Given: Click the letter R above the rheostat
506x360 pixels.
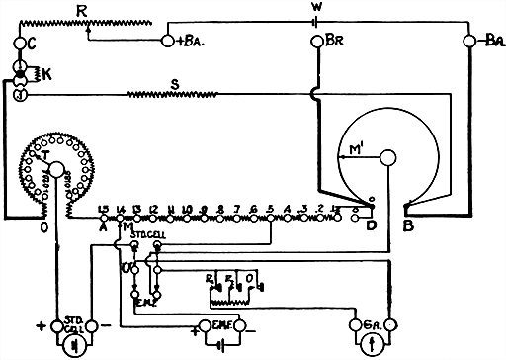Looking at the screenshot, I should (82, 8).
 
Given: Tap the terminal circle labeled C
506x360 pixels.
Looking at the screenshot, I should (19, 43).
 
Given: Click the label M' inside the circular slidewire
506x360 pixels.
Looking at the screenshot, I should (358, 151).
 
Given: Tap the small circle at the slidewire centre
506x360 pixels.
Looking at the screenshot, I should (388, 157).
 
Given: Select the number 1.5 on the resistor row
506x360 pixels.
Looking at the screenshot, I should (103, 209).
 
